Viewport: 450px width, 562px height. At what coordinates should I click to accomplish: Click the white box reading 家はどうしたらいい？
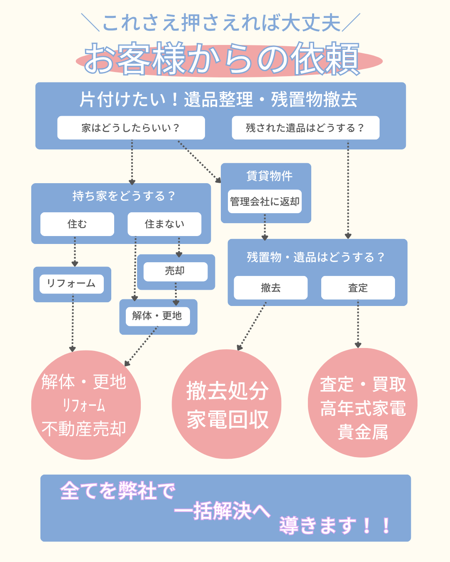[x=131, y=128]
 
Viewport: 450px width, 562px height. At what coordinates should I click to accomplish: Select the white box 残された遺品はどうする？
[x=305, y=128]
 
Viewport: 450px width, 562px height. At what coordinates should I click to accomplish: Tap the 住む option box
[x=77, y=224]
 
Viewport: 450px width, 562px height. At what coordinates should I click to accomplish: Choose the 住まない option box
[x=164, y=224]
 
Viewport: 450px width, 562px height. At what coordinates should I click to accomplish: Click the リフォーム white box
[x=72, y=284]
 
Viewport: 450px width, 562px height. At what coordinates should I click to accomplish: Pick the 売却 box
[x=175, y=271]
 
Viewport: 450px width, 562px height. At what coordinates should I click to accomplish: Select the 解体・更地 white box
[x=157, y=316]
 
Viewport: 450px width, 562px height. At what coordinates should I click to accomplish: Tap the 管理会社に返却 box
[x=265, y=202]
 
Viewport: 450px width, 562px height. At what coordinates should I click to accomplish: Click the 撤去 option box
[x=270, y=288]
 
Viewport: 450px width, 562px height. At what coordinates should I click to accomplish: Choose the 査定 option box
[x=358, y=288]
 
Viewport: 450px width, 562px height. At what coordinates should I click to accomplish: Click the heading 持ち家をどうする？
[x=124, y=196]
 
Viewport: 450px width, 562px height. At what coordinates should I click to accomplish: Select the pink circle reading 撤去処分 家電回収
[x=227, y=404]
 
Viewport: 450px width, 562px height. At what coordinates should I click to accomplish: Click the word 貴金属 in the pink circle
[x=362, y=432]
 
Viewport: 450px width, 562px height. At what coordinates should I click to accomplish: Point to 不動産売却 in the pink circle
[x=84, y=429]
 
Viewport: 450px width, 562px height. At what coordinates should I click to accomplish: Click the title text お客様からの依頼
[x=222, y=59]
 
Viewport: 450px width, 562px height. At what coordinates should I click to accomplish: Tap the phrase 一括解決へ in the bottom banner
[x=222, y=511]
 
